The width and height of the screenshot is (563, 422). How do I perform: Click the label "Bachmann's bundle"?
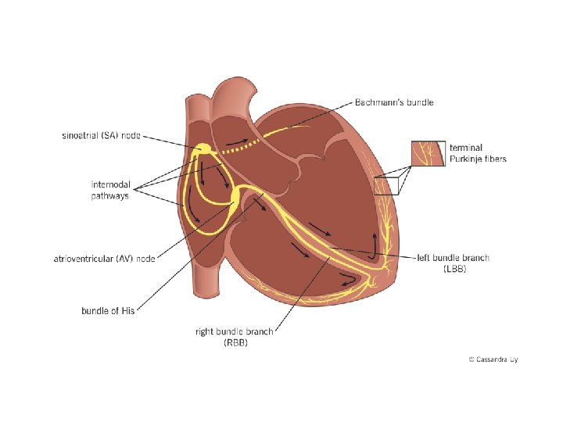tap(394, 102)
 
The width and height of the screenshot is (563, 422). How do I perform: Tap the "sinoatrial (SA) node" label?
tap(101, 135)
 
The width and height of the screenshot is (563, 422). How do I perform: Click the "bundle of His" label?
tap(108, 310)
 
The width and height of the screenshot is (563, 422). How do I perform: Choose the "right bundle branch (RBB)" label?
tap(234, 337)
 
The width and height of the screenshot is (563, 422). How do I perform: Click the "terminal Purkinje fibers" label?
tap(478, 153)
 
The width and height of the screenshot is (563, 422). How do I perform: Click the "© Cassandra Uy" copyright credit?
tap(493, 359)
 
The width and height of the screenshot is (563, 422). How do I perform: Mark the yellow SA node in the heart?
tap(203, 148)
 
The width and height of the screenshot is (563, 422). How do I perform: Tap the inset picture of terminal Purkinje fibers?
tap(429, 152)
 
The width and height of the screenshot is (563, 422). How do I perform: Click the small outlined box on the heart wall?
tap(385, 184)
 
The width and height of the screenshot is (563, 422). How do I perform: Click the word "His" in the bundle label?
tap(128, 310)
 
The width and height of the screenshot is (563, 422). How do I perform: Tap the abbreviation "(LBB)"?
tap(456, 269)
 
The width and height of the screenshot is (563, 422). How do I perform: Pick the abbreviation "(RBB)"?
tap(234, 343)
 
